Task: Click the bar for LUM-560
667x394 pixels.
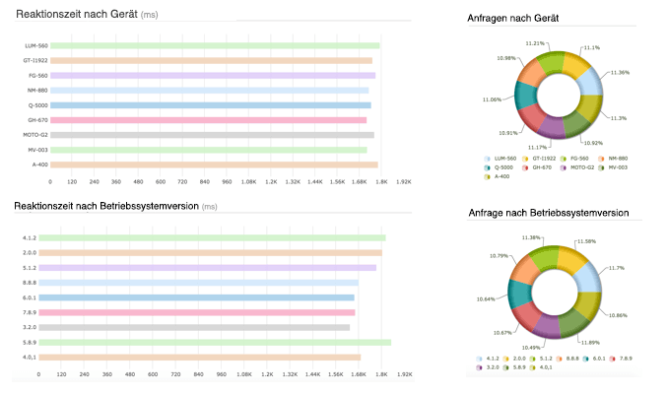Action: coord(214,45)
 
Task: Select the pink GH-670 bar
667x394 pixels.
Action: coord(208,120)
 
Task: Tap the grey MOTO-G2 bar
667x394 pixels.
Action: coord(212,135)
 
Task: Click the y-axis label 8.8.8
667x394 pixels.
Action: coord(29,282)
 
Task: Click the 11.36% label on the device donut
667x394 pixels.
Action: coord(620,72)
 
